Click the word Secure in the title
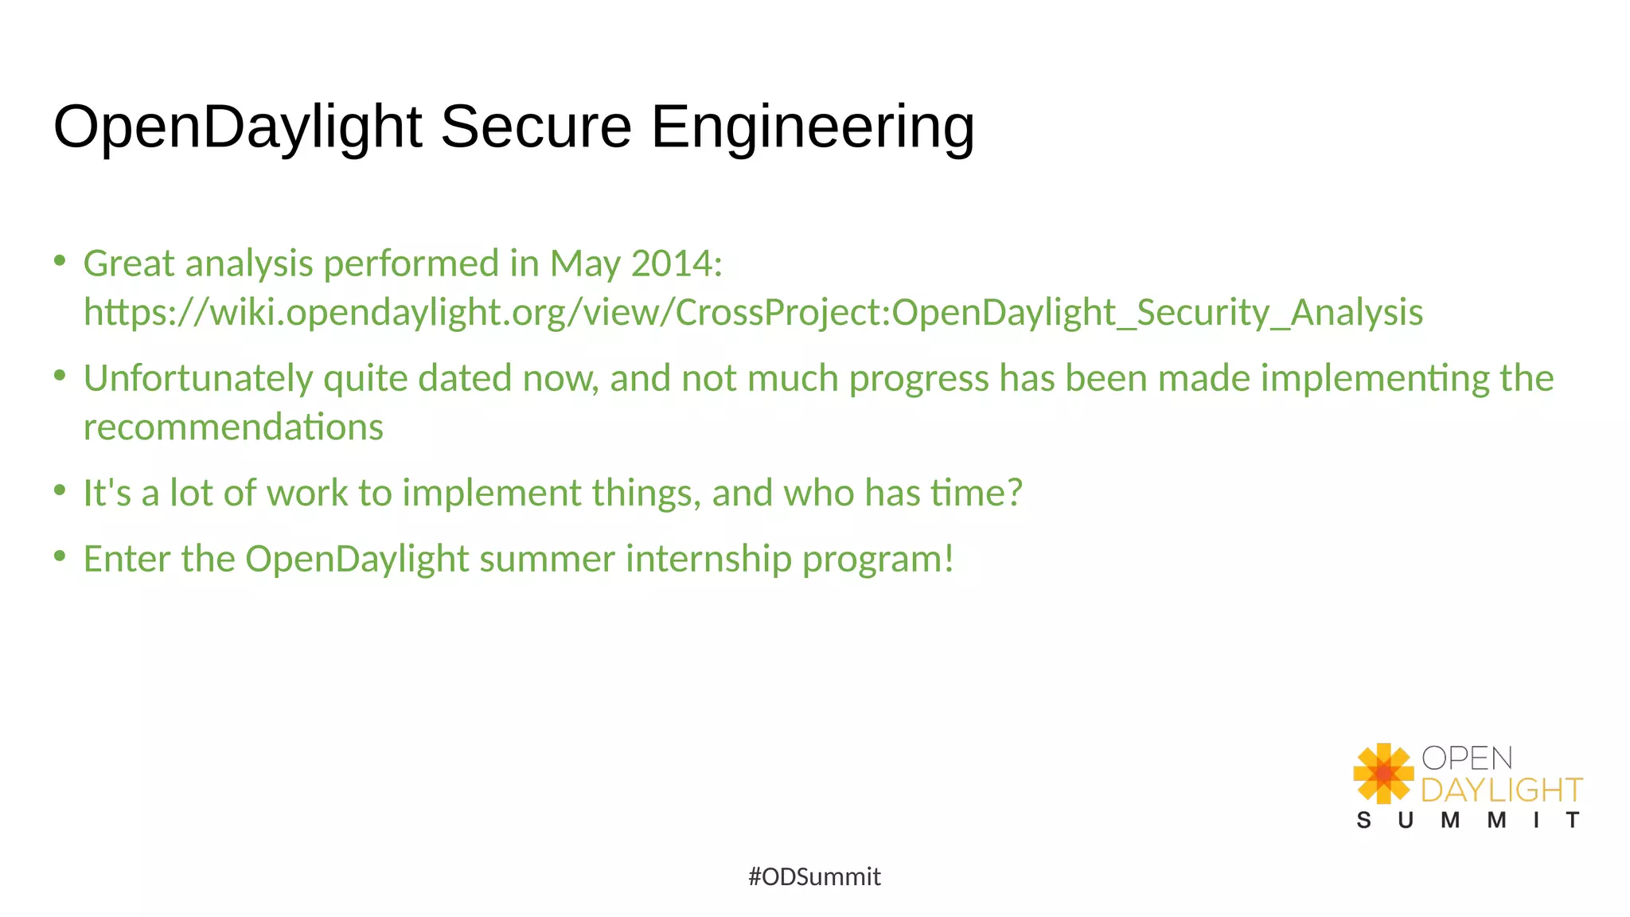click(x=536, y=127)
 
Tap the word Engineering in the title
click(x=813, y=127)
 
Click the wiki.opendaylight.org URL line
click(x=753, y=312)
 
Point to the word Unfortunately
click(x=198, y=378)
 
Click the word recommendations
click(x=233, y=427)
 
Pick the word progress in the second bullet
click(x=918, y=378)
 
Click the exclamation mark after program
click(x=948, y=559)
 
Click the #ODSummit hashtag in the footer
click(x=814, y=876)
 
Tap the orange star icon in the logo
click(x=1383, y=773)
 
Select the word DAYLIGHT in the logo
click(x=1501, y=790)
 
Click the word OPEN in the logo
click(x=1466, y=758)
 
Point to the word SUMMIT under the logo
click(x=1468, y=821)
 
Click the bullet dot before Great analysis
click(x=60, y=260)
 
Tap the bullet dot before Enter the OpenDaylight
click(x=60, y=556)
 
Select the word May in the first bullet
click(x=585, y=263)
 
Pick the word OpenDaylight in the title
click(x=237, y=127)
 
